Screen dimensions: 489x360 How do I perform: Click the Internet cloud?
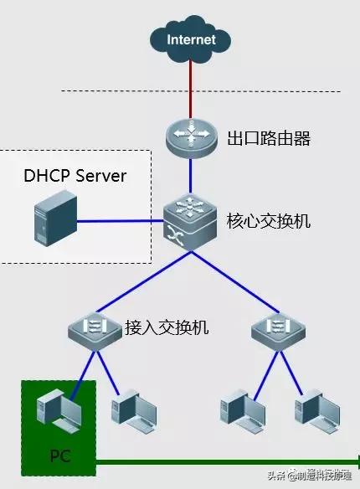click(x=190, y=39)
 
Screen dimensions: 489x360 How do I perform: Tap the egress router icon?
click(x=190, y=137)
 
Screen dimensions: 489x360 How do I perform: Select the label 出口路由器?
click(x=269, y=138)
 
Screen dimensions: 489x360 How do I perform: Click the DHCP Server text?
click(x=75, y=176)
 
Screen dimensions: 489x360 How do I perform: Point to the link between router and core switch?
click(x=190, y=178)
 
